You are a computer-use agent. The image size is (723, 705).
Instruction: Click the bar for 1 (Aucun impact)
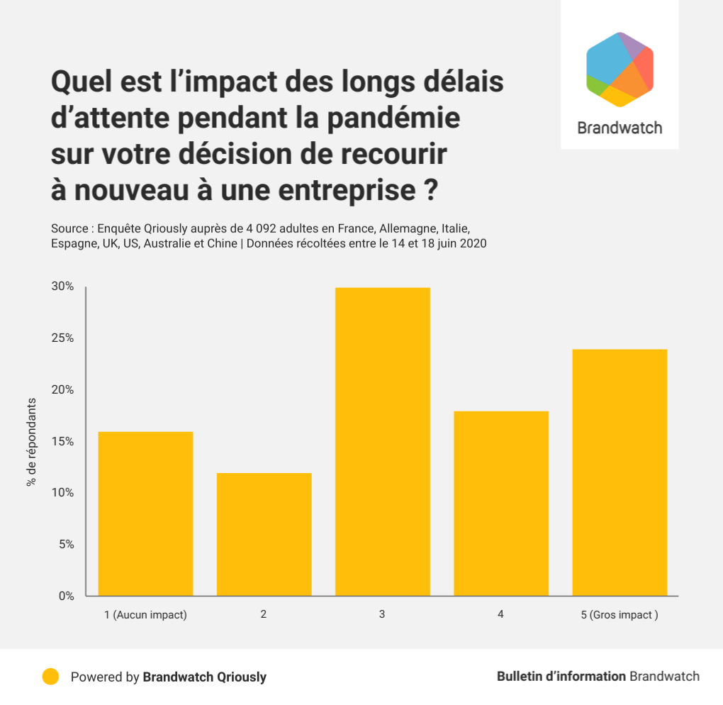click(145, 514)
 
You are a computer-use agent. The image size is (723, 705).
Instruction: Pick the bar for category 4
click(501, 504)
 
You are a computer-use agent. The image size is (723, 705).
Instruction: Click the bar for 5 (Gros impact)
click(620, 472)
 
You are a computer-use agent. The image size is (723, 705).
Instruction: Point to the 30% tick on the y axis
click(62, 287)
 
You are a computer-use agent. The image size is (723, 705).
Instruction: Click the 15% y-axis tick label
click(62, 441)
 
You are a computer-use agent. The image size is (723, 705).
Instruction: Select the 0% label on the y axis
click(66, 596)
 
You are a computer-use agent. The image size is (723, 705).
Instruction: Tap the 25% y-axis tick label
click(62, 338)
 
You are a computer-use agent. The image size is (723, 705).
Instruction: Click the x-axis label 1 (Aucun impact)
click(145, 615)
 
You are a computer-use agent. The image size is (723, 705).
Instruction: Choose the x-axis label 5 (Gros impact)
click(620, 615)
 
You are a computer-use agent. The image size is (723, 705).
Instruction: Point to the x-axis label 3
click(382, 614)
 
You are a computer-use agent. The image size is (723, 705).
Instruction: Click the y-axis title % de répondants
click(31, 441)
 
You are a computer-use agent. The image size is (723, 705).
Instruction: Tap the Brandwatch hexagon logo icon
click(620, 70)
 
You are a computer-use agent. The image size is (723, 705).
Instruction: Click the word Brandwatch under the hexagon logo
click(620, 128)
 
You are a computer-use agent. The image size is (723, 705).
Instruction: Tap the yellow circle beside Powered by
click(50, 677)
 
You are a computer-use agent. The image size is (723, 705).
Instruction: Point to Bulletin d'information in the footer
click(561, 676)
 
